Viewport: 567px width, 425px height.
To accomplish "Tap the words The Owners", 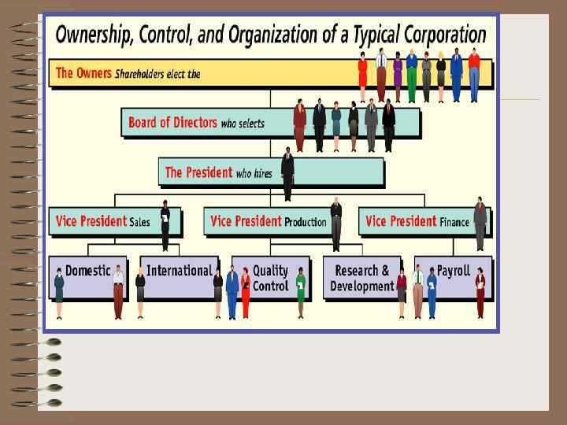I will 83,73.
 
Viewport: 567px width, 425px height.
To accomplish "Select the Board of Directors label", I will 172,122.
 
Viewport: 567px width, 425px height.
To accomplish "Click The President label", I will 198,172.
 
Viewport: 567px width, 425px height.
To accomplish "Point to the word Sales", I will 139,222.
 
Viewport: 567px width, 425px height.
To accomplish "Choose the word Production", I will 305,222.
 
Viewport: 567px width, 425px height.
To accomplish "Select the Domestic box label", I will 88,271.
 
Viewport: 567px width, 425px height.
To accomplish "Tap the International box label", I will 179,271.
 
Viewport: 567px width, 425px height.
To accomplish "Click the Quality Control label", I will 270,279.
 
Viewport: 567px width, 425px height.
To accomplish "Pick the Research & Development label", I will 361,279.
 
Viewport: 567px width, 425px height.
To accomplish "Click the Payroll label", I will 454,271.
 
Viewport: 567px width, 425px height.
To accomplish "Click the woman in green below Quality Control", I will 300,293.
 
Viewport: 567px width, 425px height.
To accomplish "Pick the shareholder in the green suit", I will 411,76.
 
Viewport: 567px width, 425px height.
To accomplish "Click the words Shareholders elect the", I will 158,74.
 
